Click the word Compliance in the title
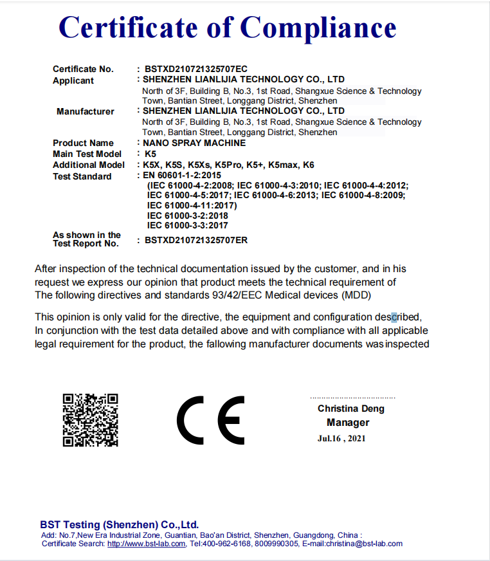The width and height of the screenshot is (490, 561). (318, 28)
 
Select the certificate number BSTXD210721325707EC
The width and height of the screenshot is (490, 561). (196, 69)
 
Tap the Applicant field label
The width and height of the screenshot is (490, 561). (73, 80)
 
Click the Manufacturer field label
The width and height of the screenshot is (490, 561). (86, 111)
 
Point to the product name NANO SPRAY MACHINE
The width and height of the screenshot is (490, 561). (194, 143)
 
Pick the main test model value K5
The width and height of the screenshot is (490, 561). (150, 154)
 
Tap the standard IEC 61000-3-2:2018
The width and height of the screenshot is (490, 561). (187, 216)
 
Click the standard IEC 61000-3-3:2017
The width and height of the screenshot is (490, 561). (187, 226)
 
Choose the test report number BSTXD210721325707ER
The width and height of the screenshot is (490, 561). (196, 240)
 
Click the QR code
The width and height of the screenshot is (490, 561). (90, 419)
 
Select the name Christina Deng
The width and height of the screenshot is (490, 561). (350, 409)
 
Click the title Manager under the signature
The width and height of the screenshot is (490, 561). (348, 423)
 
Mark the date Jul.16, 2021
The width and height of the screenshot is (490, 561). (341, 439)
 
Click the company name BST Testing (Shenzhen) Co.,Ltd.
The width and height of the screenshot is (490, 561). (120, 524)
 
